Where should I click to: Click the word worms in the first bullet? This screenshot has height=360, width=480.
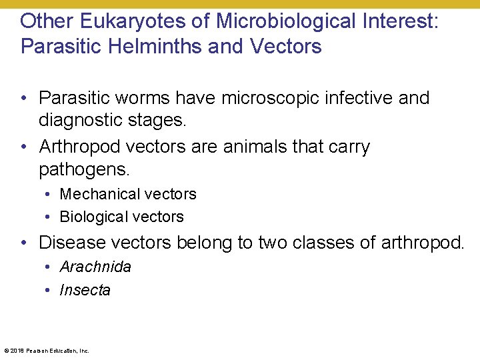[x=144, y=98]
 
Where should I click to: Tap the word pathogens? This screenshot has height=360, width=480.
[x=83, y=169]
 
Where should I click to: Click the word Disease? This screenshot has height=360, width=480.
[x=73, y=243]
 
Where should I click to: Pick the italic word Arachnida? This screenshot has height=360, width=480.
[x=95, y=267]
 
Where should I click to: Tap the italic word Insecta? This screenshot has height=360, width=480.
[x=85, y=290]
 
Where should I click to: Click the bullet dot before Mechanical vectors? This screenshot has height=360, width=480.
[x=50, y=194]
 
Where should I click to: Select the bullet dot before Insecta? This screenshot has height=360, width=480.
[x=50, y=290]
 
